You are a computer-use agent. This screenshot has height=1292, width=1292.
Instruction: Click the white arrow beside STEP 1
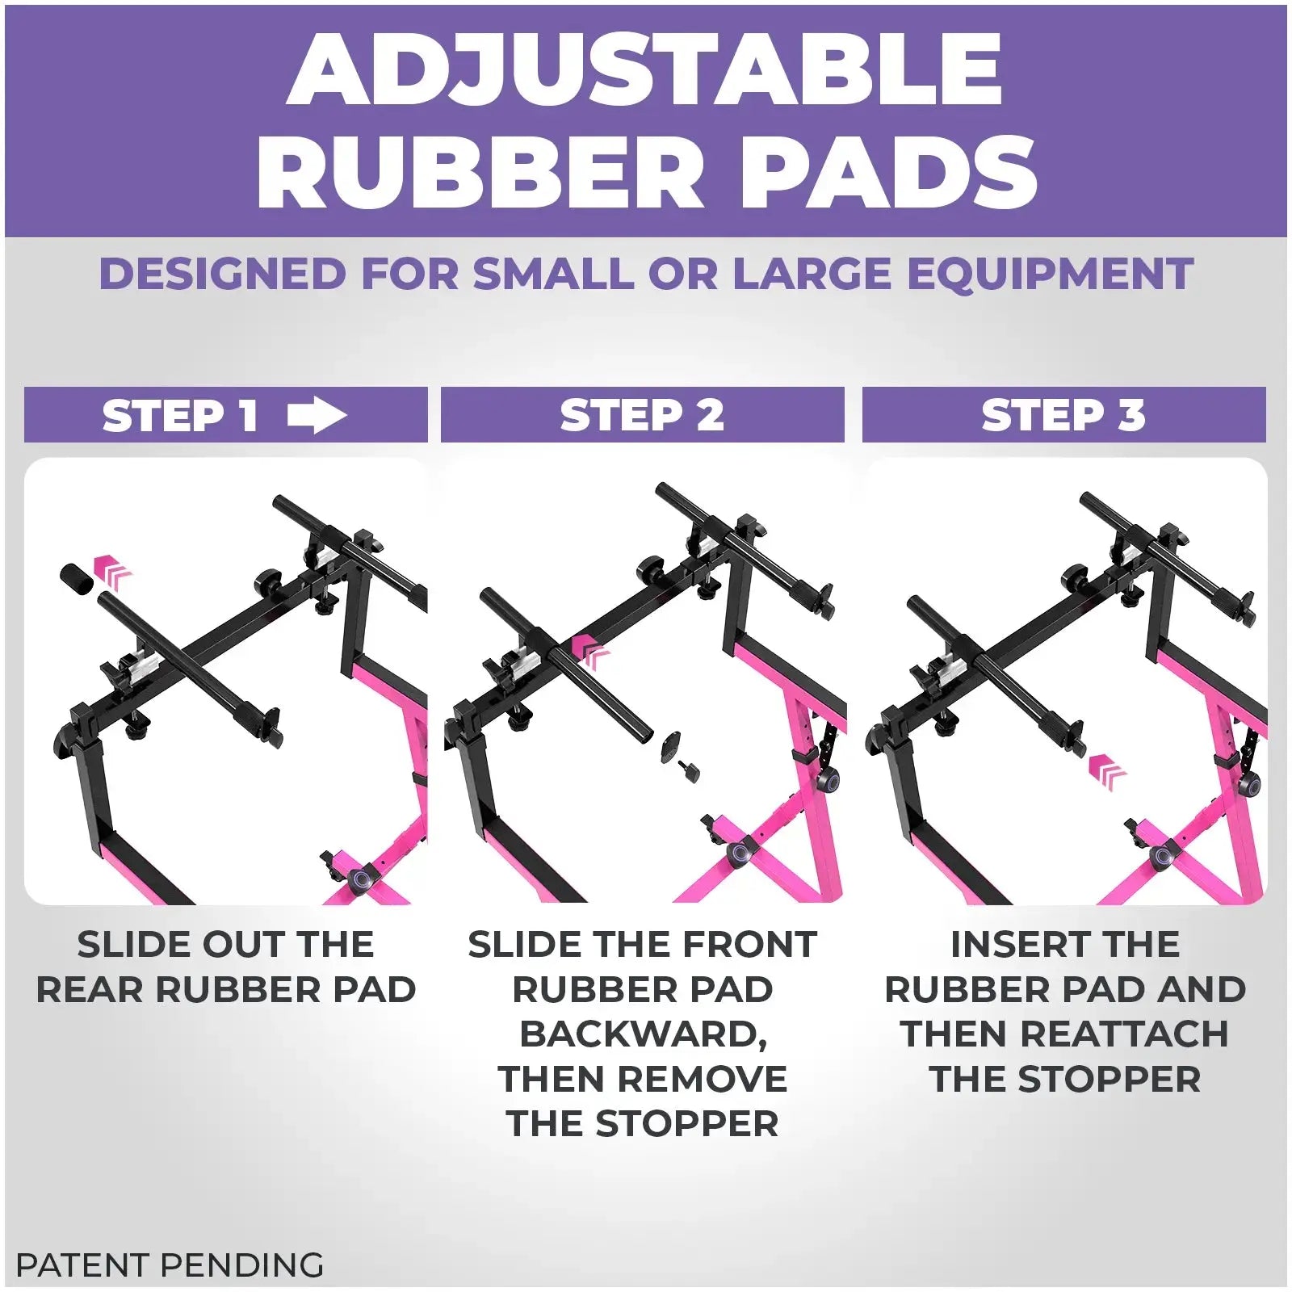click(x=317, y=416)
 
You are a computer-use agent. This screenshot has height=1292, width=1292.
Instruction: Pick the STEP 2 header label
click(x=642, y=416)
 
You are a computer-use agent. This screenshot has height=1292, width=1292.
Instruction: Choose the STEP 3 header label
click(x=1063, y=416)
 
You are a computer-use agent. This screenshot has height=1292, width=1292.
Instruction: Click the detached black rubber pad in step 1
click(x=78, y=579)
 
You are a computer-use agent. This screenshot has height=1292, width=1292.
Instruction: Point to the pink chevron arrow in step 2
click(x=591, y=652)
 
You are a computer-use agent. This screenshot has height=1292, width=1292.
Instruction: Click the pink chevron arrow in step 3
click(x=1107, y=772)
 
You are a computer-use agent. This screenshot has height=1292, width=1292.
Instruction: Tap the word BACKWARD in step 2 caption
click(x=643, y=1035)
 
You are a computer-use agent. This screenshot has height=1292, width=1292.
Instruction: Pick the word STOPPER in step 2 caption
click(x=687, y=1124)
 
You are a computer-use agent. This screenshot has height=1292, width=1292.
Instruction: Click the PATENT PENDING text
click(x=170, y=1265)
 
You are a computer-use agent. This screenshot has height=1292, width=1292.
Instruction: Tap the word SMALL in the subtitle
click(x=553, y=274)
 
